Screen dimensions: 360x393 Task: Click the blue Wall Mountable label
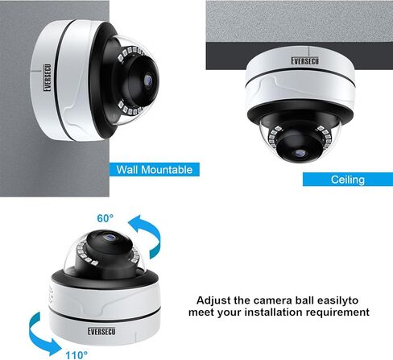pyautogui.click(x=155, y=170)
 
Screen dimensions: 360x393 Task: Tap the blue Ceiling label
pyautogui.click(x=347, y=180)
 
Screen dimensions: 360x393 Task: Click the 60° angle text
pyautogui.click(x=105, y=218)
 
